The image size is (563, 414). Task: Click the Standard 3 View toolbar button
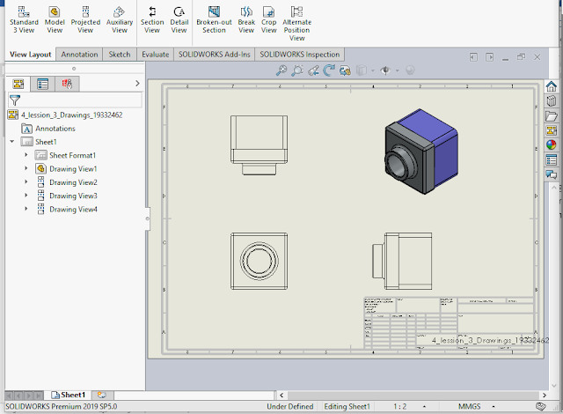pos(25,20)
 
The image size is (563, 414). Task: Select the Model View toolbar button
pos(55,20)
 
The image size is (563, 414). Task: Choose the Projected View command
pos(85,20)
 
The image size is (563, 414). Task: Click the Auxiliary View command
pos(120,20)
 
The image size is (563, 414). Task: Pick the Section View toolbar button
pos(152,20)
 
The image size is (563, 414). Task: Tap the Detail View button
pos(179,20)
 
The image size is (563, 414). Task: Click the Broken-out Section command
pos(214,20)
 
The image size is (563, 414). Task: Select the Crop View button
pos(268,20)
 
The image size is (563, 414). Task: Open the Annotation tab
pos(79,55)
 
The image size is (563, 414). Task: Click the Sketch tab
pos(119,55)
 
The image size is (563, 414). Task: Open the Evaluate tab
pos(155,55)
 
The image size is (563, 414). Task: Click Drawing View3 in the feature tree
pos(73,196)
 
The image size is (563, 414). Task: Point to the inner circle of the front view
pos(260,261)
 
